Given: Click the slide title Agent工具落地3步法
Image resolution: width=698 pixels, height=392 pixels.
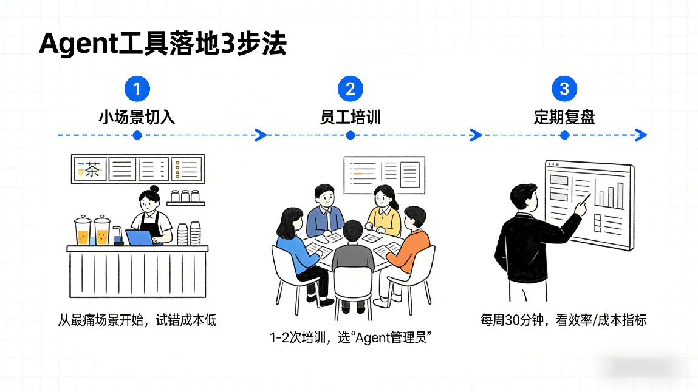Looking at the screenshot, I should [163, 44].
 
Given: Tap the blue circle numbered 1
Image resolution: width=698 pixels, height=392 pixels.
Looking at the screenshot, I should [137, 90].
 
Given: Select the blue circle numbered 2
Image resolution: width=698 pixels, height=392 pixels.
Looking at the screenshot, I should [350, 90].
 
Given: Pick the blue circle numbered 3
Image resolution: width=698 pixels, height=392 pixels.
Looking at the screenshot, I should [564, 90].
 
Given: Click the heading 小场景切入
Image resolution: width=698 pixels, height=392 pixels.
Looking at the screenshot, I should [137, 117].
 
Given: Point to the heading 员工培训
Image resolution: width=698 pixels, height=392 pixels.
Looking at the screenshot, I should [350, 117].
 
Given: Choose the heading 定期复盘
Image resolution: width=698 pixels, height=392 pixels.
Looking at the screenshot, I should [564, 117].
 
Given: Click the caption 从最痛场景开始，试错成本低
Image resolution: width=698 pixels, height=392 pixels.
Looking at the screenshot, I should [137, 319].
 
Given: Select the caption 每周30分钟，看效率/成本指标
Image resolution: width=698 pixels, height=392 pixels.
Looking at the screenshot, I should [563, 320].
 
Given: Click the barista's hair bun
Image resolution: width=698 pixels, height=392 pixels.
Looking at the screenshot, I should [154, 189].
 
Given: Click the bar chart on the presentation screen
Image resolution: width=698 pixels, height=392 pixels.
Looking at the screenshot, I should [610, 194].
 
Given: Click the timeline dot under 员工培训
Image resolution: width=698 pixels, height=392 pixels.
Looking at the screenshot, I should [350, 135].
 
